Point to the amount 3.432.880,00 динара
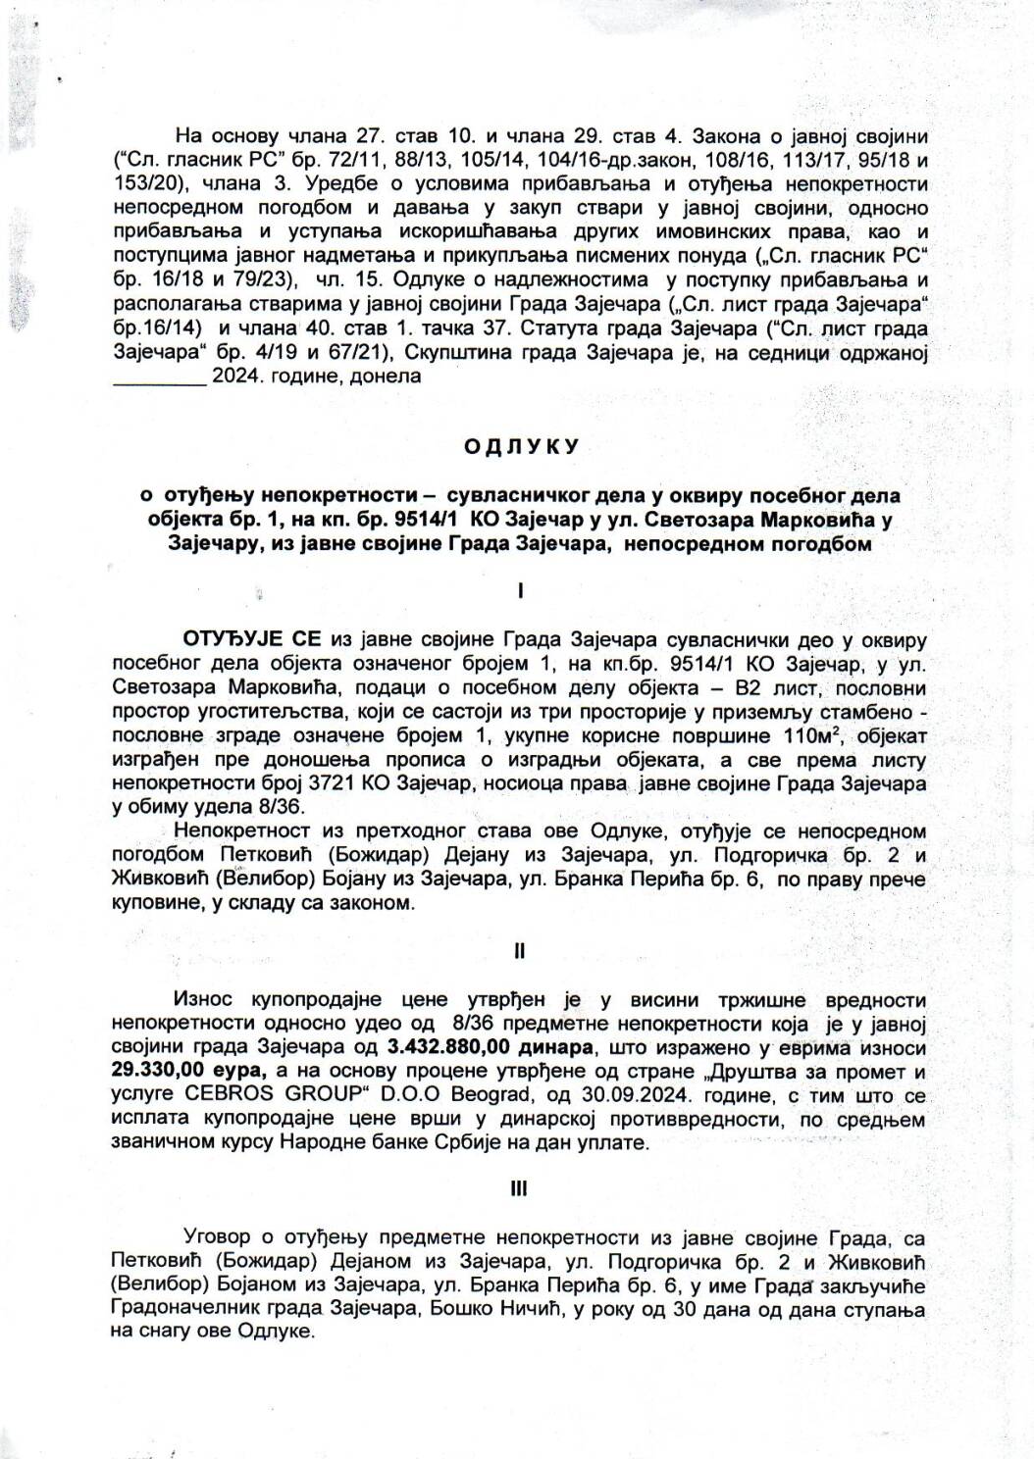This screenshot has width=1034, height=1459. point(484,1046)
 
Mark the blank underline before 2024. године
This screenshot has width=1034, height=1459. point(160,377)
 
